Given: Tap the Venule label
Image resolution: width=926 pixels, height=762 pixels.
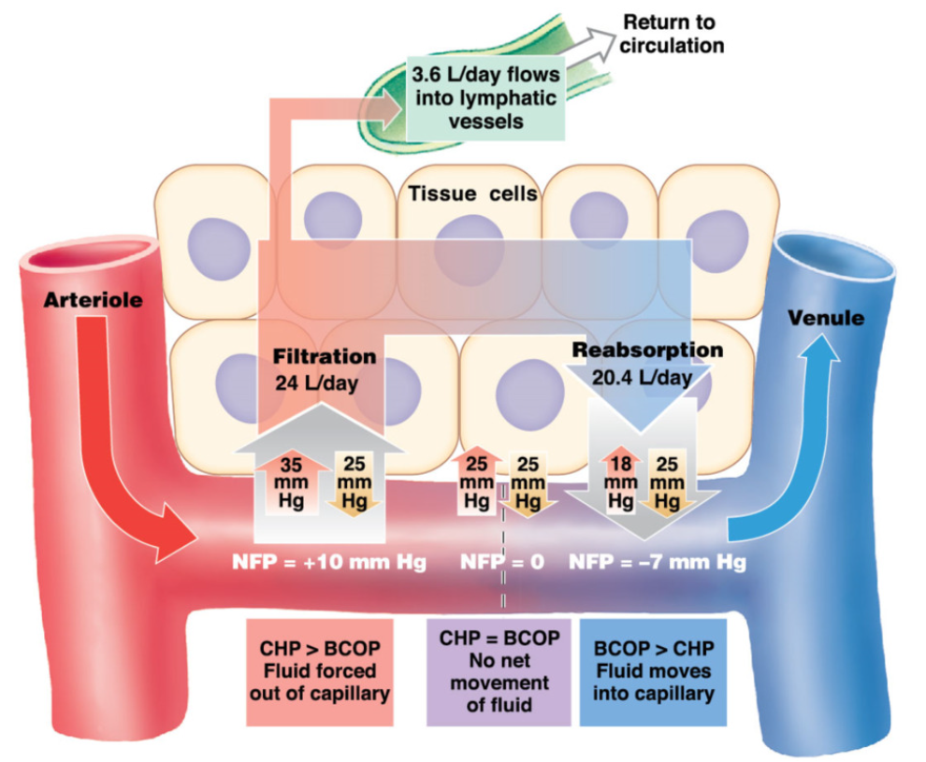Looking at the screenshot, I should pyautogui.click(x=826, y=318).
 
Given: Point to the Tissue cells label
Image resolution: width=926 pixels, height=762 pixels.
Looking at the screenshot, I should pyautogui.click(x=473, y=194).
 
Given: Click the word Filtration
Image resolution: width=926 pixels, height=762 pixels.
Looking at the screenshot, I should pyautogui.click(x=324, y=356).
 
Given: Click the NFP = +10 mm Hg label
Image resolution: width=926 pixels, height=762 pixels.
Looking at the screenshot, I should pyautogui.click(x=328, y=563).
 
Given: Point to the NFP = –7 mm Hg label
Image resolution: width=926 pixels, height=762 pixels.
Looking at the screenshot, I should pyautogui.click(x=657, y=563).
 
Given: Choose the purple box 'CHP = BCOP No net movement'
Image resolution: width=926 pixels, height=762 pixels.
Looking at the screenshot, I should pyautogui.click(x=499, y=671).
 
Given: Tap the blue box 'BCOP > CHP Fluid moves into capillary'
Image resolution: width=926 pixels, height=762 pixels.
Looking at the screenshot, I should pyautogui.click(x=653, y=671).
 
